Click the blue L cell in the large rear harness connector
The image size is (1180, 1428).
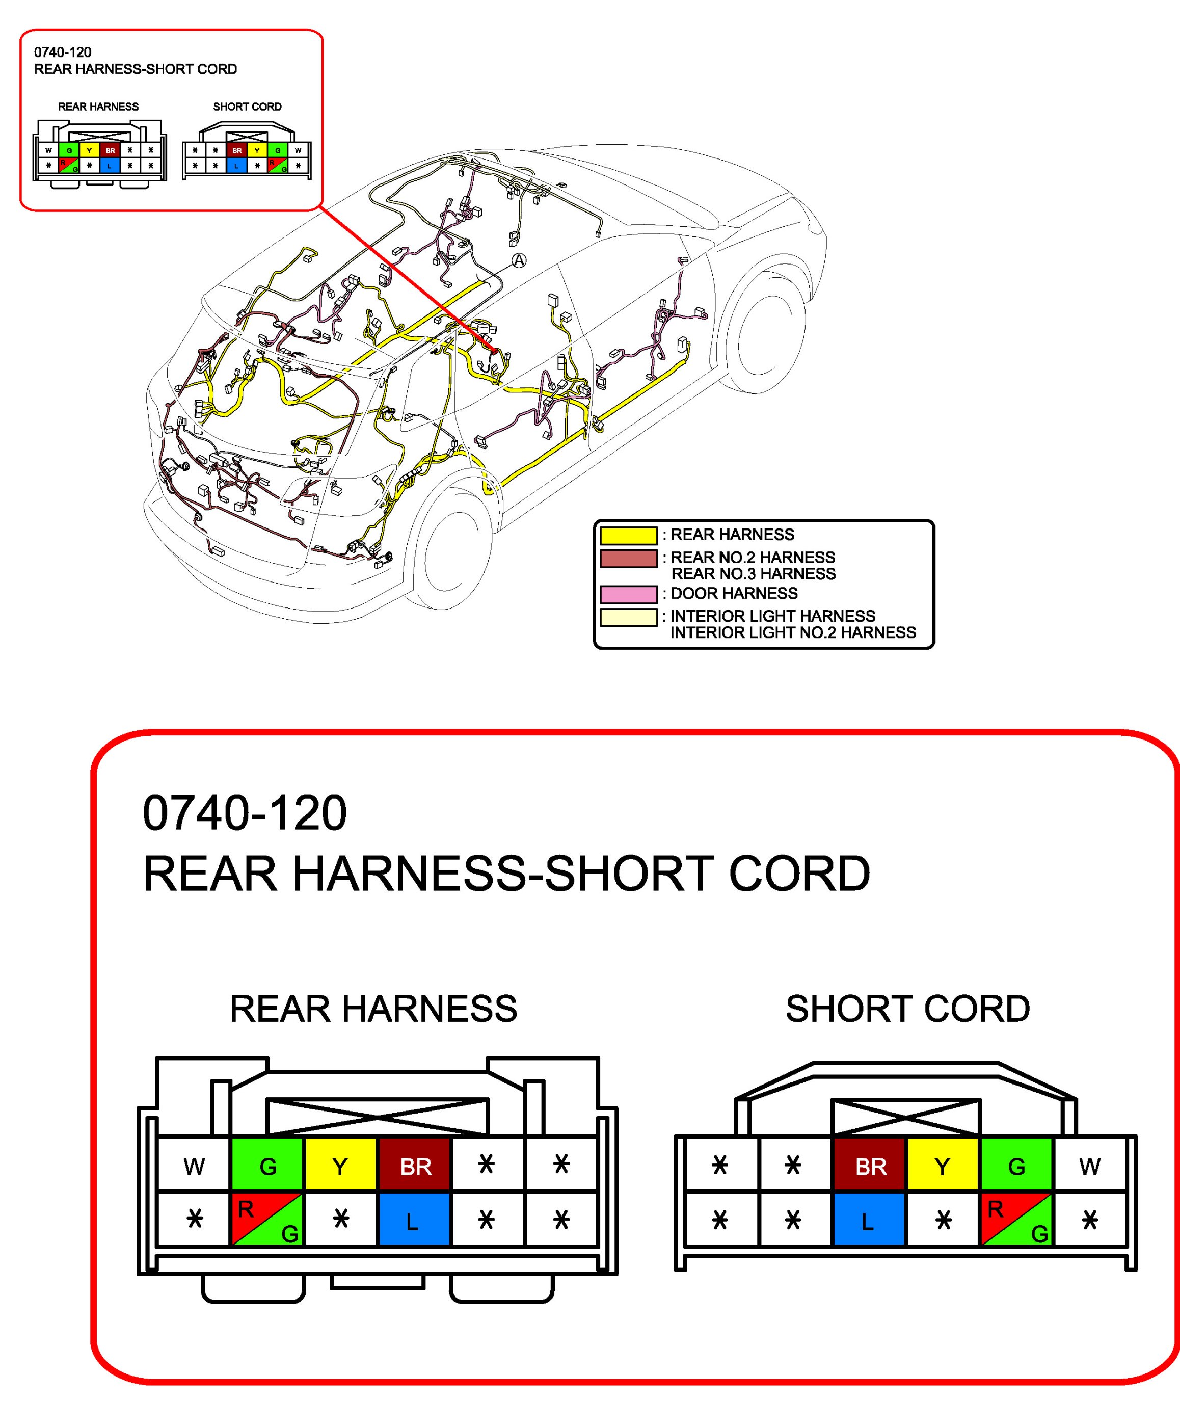(413, 1221)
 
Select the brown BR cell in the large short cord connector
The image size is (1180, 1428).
(870, 1166)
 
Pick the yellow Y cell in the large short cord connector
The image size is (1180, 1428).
(942, 1166)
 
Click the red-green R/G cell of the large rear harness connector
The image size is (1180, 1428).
(267, 1221)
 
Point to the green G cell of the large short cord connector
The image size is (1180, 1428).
(1016, 1166)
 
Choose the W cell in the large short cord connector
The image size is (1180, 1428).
(1090, 1166)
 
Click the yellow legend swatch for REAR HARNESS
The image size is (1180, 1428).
(628, 535)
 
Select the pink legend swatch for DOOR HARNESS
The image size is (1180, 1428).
(628, 594)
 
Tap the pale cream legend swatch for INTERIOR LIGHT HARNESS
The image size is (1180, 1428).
(628, 617)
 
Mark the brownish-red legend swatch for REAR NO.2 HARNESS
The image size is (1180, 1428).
(628, 558)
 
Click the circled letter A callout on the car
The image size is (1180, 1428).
(519, 260)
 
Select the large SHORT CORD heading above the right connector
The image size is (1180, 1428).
(907, 1009)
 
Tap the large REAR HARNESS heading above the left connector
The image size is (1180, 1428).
(373, 1009)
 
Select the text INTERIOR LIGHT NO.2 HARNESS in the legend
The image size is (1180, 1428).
(793, 633)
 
